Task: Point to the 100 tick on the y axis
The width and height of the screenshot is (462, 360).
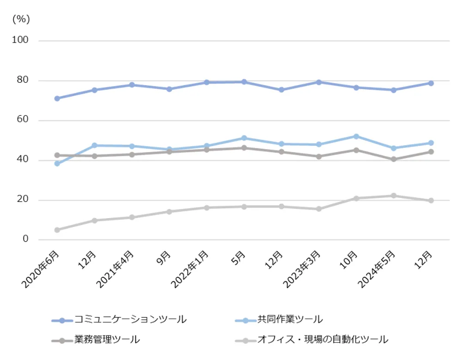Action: [20, 40]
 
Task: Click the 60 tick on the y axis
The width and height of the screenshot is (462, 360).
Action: [23, 120]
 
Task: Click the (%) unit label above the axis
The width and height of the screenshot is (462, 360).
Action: [21, 19]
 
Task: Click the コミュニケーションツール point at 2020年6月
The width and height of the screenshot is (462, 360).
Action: [57, 98]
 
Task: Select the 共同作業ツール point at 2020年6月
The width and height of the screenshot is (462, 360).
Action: [57, 164]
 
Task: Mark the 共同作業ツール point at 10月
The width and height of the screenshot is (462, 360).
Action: [356, 136]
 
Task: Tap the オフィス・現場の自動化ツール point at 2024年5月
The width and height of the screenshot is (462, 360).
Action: [394, 195]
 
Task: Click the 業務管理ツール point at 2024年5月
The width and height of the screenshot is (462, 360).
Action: [394, 159]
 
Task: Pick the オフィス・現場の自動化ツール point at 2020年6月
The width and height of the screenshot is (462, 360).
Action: [57, 230]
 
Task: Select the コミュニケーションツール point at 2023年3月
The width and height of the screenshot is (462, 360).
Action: [318, 82]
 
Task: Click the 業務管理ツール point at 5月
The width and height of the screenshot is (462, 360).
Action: [243, 148]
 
